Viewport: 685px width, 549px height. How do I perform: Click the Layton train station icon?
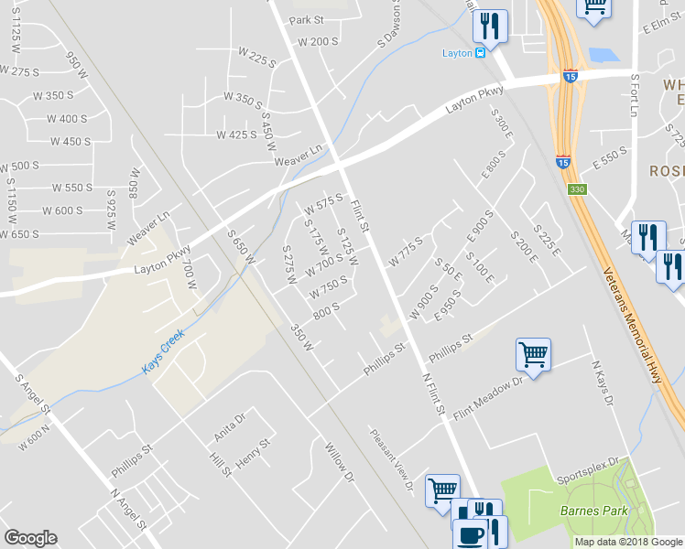tap(480, 53)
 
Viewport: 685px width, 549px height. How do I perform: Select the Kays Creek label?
tap(163, 352)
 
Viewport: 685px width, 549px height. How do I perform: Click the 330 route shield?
tap(576, 189)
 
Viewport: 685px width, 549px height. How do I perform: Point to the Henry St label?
tap(255, 454)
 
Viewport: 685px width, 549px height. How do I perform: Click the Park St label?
tap(307, 20)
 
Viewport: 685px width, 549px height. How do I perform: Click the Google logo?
tap(30, 538)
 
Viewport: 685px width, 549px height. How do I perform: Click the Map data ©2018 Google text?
tap(627, 542)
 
